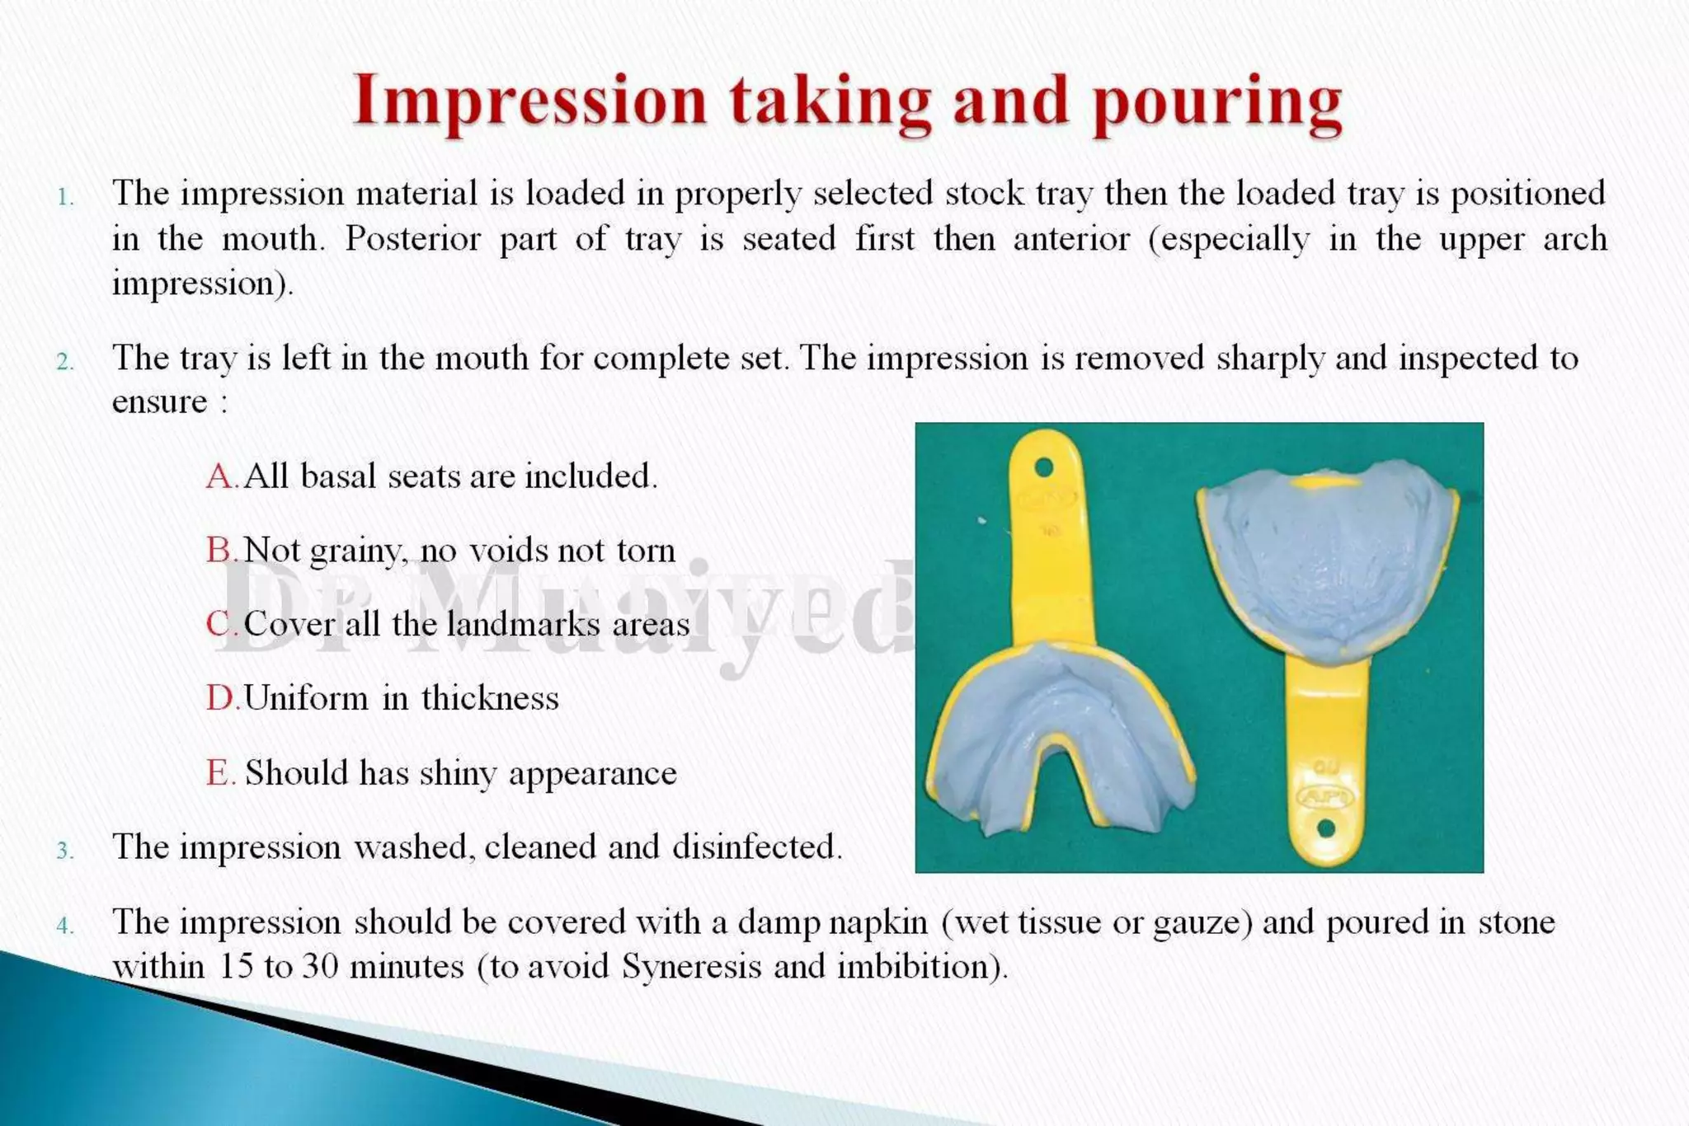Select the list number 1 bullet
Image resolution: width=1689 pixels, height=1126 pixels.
(x=65, y=197)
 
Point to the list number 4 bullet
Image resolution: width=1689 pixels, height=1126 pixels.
(x=65, y=927)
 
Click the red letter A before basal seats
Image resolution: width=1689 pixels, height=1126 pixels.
(x=220, y=476)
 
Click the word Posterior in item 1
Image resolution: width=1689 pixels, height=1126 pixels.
(x=412, y=239)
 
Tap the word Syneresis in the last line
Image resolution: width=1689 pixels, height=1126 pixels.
(x=691, y=966)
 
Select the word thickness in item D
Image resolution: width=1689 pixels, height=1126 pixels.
(x=490, y=699)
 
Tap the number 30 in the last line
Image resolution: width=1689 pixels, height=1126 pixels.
(x=320, y=966)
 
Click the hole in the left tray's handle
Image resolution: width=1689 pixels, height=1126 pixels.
(x=1043, y=467)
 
